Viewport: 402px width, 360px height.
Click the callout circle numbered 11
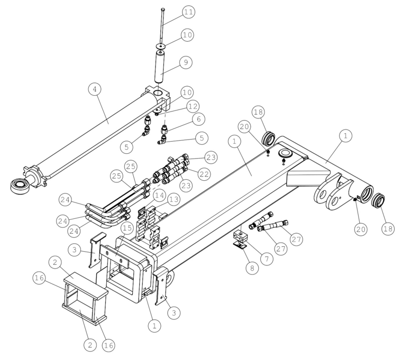pyautogui.click(x=189, y=12)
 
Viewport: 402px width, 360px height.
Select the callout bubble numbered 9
pyautogui.click(x=186, y=62)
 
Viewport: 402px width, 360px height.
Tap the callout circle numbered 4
pyautogui.click(x=95, y=89)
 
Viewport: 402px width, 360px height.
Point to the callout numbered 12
pyautogui.click(x=193, y=106)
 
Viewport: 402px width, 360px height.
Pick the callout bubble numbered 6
pyautogui.click(x=199, y=119)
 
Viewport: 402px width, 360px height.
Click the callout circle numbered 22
pyautogui.click(x=204, y=174)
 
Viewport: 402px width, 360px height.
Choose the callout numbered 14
pyautogui.click(x=159, y=196)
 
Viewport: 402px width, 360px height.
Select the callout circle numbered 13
pyautogui.click(x=174, y=199)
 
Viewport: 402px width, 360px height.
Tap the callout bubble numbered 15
pyautogui.click(x=127, y=228)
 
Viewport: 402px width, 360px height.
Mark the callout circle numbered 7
pyautogui.click(x=267, y=259)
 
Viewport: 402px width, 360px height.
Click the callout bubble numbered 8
pyautogui.click(x=252, y=268)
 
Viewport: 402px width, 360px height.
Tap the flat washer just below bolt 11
pyautogui.click(x=161, y=47)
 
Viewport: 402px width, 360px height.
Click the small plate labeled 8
pyautogui.click(x=240, y=246)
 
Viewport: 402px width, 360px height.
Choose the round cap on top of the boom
pyautogui.click(x=285, y=153)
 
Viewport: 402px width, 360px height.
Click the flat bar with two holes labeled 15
pyautogui.click(x=114, y=256)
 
